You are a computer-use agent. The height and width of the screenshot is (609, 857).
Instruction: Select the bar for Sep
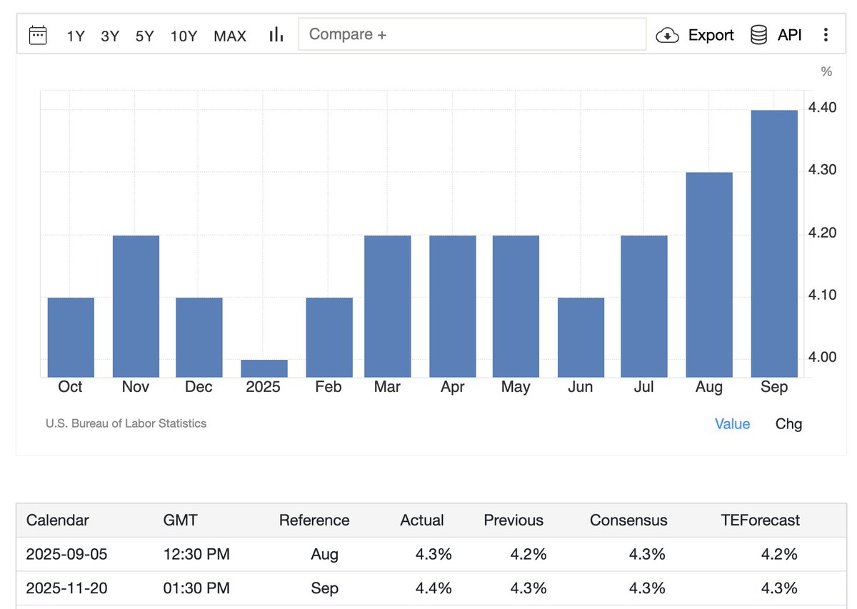point(774,243)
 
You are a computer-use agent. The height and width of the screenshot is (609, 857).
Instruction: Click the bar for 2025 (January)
point(264,368)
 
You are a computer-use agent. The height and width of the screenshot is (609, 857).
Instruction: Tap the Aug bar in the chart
point(709,274)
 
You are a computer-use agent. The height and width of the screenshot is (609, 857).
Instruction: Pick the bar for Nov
point(136,306)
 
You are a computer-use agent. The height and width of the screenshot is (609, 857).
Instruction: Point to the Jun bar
point(581,337)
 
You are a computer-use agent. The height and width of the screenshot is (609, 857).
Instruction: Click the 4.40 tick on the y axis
point(822,108)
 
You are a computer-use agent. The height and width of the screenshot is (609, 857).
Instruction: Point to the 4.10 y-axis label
point(822,295)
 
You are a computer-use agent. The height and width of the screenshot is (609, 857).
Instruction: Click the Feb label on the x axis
point(329,387)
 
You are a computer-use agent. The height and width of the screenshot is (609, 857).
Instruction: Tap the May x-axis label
point(516,387)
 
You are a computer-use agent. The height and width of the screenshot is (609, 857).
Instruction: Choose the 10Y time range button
point(184,36)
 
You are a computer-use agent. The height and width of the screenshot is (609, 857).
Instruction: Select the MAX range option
point(230,36)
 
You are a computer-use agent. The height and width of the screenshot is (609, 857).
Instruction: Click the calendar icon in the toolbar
point(38,35)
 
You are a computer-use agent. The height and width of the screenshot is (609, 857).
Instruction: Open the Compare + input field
point(471,34)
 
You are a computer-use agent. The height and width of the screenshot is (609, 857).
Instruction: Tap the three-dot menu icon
point(826,35)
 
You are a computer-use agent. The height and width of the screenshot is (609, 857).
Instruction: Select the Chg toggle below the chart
point(788,424)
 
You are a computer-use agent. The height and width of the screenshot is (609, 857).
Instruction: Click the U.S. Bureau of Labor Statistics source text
point(126,423)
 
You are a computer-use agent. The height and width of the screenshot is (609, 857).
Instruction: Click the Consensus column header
point(628,520)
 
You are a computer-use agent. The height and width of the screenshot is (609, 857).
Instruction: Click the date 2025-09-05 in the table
point(66,554)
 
